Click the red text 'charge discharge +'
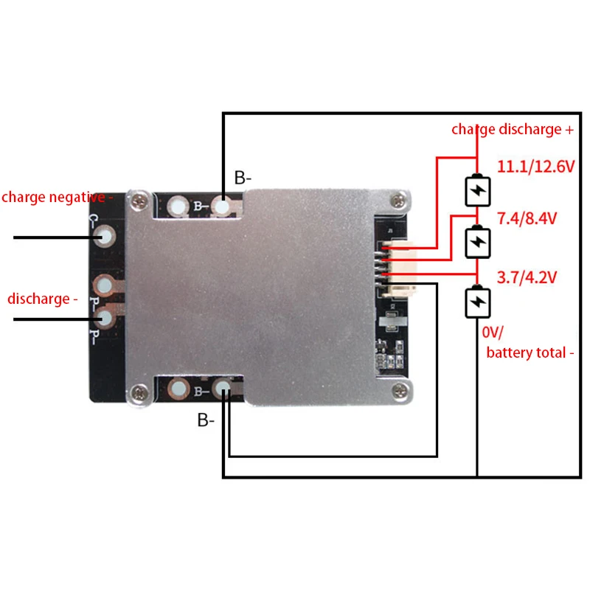(513, 130)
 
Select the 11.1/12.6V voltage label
(535, 167)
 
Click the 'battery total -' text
(530, 353)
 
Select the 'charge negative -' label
(58, 198)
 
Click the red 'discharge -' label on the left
(43, 299)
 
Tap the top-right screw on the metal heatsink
(399, 198)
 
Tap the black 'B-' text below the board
(206, 421)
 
